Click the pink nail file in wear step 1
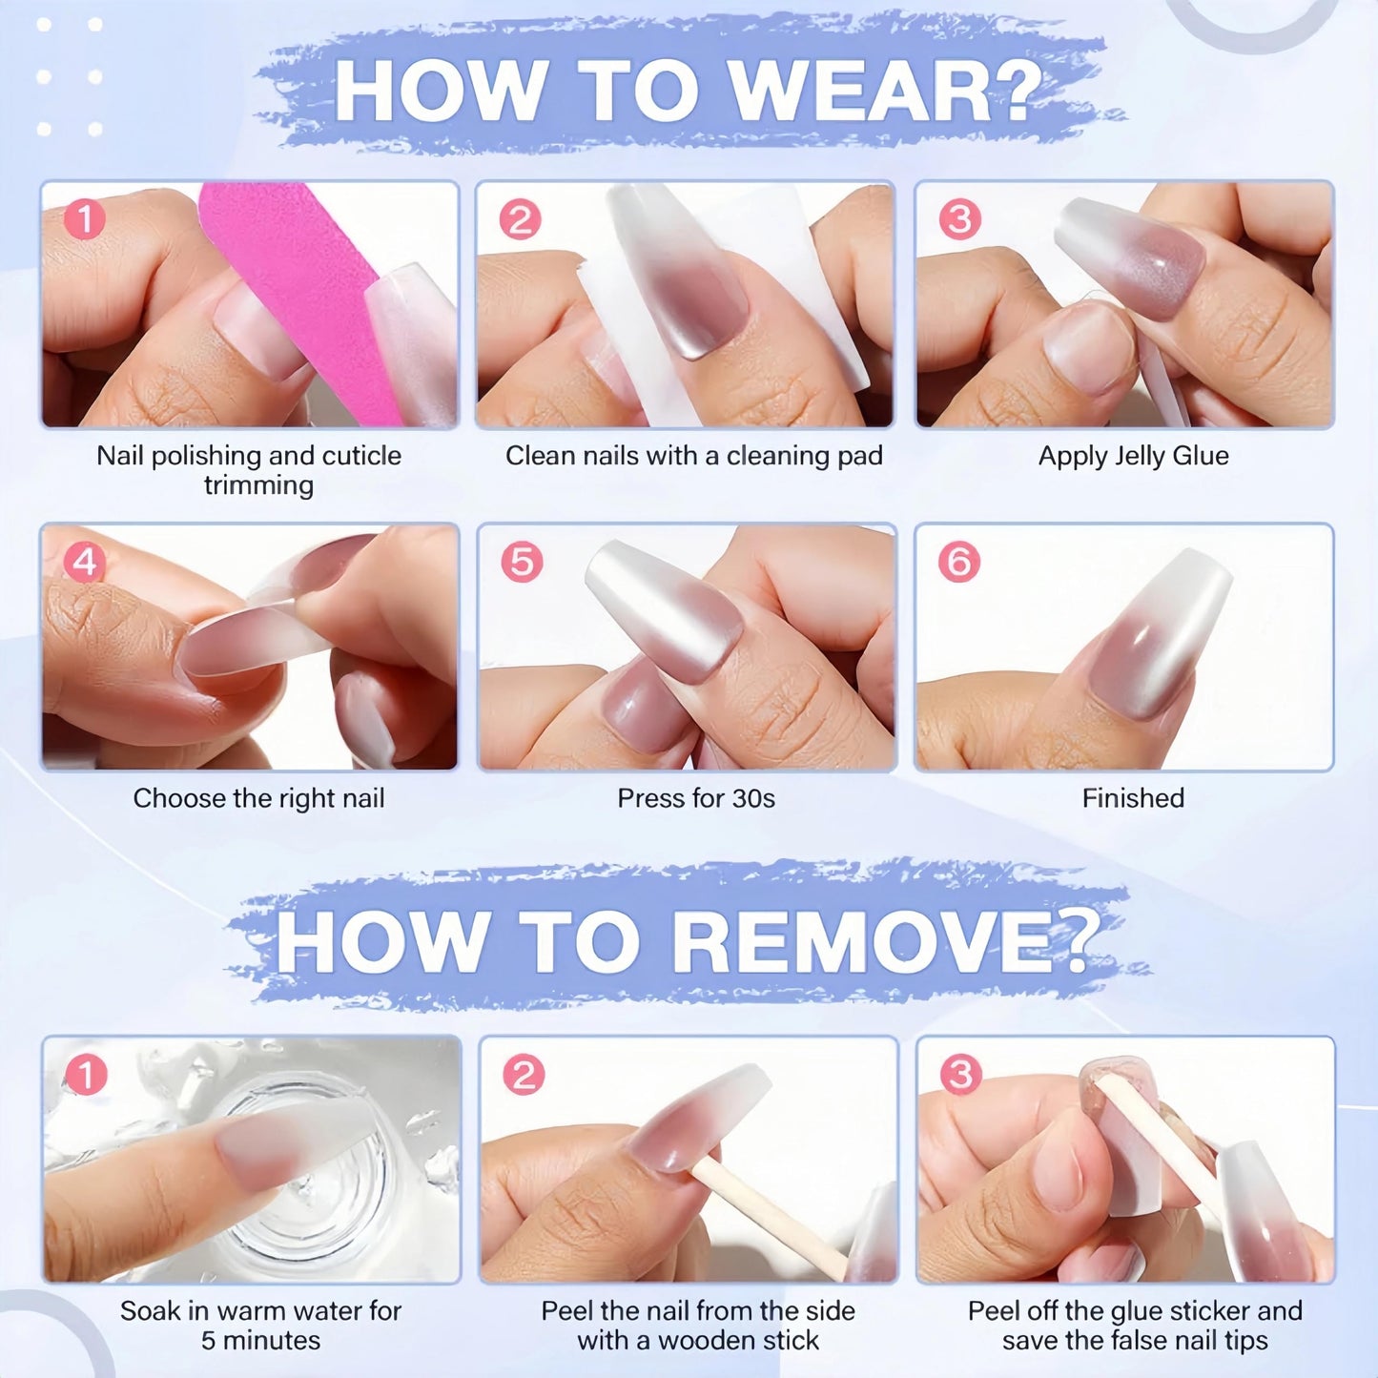300,300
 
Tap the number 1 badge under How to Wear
85,218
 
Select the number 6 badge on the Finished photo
959,562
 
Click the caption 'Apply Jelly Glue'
1134,456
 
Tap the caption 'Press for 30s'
696,798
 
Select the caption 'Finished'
1134,797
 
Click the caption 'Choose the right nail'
258,799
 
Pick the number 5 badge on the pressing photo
522,562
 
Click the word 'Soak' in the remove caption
150,1311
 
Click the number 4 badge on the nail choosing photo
84,563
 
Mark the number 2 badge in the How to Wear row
520,218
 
